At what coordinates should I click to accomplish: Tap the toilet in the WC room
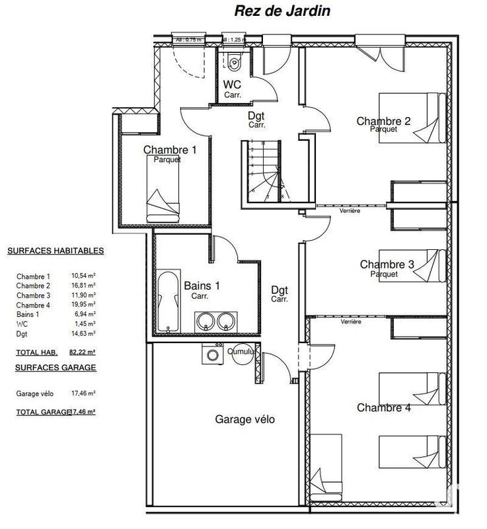click(235, 63)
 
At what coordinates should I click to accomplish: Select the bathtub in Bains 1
click(169, 301)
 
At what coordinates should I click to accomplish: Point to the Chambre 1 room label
click(170, 150)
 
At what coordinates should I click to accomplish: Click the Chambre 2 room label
click(383, 121)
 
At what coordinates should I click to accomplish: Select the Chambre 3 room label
click(387, 264)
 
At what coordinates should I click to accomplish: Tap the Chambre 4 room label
click(384, 408)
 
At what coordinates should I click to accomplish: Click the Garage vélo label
click(244, 419)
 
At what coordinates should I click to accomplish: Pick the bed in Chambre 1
click(163, 192)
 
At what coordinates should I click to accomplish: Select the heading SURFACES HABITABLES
click(56, 251)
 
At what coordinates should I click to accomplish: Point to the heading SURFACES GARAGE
click(52, 367)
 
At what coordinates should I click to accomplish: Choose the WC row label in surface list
click(22, 323)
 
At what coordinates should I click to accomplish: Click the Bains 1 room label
click(202, 286)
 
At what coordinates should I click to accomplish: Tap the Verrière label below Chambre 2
click(350, 210)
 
